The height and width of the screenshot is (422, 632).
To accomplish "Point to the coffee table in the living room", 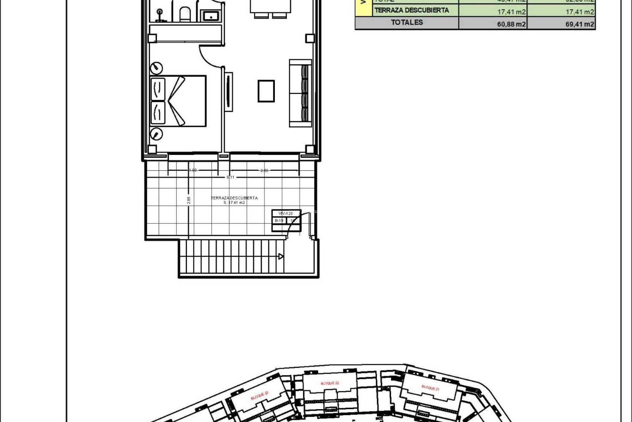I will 266,91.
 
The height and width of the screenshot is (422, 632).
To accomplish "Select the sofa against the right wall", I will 300,93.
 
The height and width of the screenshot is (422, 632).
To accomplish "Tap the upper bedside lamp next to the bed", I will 157,68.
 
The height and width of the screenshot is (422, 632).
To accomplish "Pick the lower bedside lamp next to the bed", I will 156,134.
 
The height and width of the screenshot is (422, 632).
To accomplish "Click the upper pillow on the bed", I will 158,89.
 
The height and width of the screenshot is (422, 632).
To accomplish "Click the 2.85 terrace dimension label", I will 189,200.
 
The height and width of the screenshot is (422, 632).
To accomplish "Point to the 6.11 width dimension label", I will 230,177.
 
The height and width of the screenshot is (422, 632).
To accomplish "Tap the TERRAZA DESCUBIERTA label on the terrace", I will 234,198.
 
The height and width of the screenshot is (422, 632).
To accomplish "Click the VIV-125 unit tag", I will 285,213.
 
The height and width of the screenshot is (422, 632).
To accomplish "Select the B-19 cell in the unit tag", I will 279,221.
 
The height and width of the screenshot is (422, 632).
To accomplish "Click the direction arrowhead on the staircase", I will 281,256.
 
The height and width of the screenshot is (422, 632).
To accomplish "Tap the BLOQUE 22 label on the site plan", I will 329,383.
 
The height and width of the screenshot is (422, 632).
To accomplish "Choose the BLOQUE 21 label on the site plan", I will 430,387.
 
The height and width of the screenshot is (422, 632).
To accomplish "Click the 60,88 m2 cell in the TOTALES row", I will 511,24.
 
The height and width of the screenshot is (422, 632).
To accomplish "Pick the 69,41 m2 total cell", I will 580,24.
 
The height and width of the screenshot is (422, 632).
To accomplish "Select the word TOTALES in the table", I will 407,22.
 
